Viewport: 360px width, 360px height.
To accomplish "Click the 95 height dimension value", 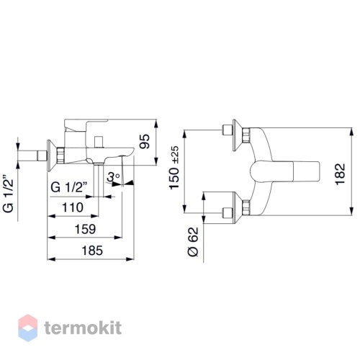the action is point(145,141).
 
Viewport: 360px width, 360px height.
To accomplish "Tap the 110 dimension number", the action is point(73,207).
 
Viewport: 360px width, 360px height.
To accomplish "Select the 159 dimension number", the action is point(86,229).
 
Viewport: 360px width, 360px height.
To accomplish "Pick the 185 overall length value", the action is point(92,251).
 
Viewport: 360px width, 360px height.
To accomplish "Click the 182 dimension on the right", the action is point(340,174).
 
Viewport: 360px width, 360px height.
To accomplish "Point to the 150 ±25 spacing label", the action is point(174,168).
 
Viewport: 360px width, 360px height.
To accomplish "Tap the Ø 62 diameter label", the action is point(193,242).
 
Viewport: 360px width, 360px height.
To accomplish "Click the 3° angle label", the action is point(113,177).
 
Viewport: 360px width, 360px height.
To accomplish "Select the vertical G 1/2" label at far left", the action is point(9,194).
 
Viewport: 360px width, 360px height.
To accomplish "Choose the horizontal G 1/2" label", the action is point(69,187).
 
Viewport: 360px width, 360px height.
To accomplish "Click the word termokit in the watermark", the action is point(83,328).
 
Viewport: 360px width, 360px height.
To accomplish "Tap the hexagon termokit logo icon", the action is point(28,328).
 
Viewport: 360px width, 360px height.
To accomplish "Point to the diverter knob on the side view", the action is point(99,142).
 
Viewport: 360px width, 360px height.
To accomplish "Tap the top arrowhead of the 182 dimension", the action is point(351,132).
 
